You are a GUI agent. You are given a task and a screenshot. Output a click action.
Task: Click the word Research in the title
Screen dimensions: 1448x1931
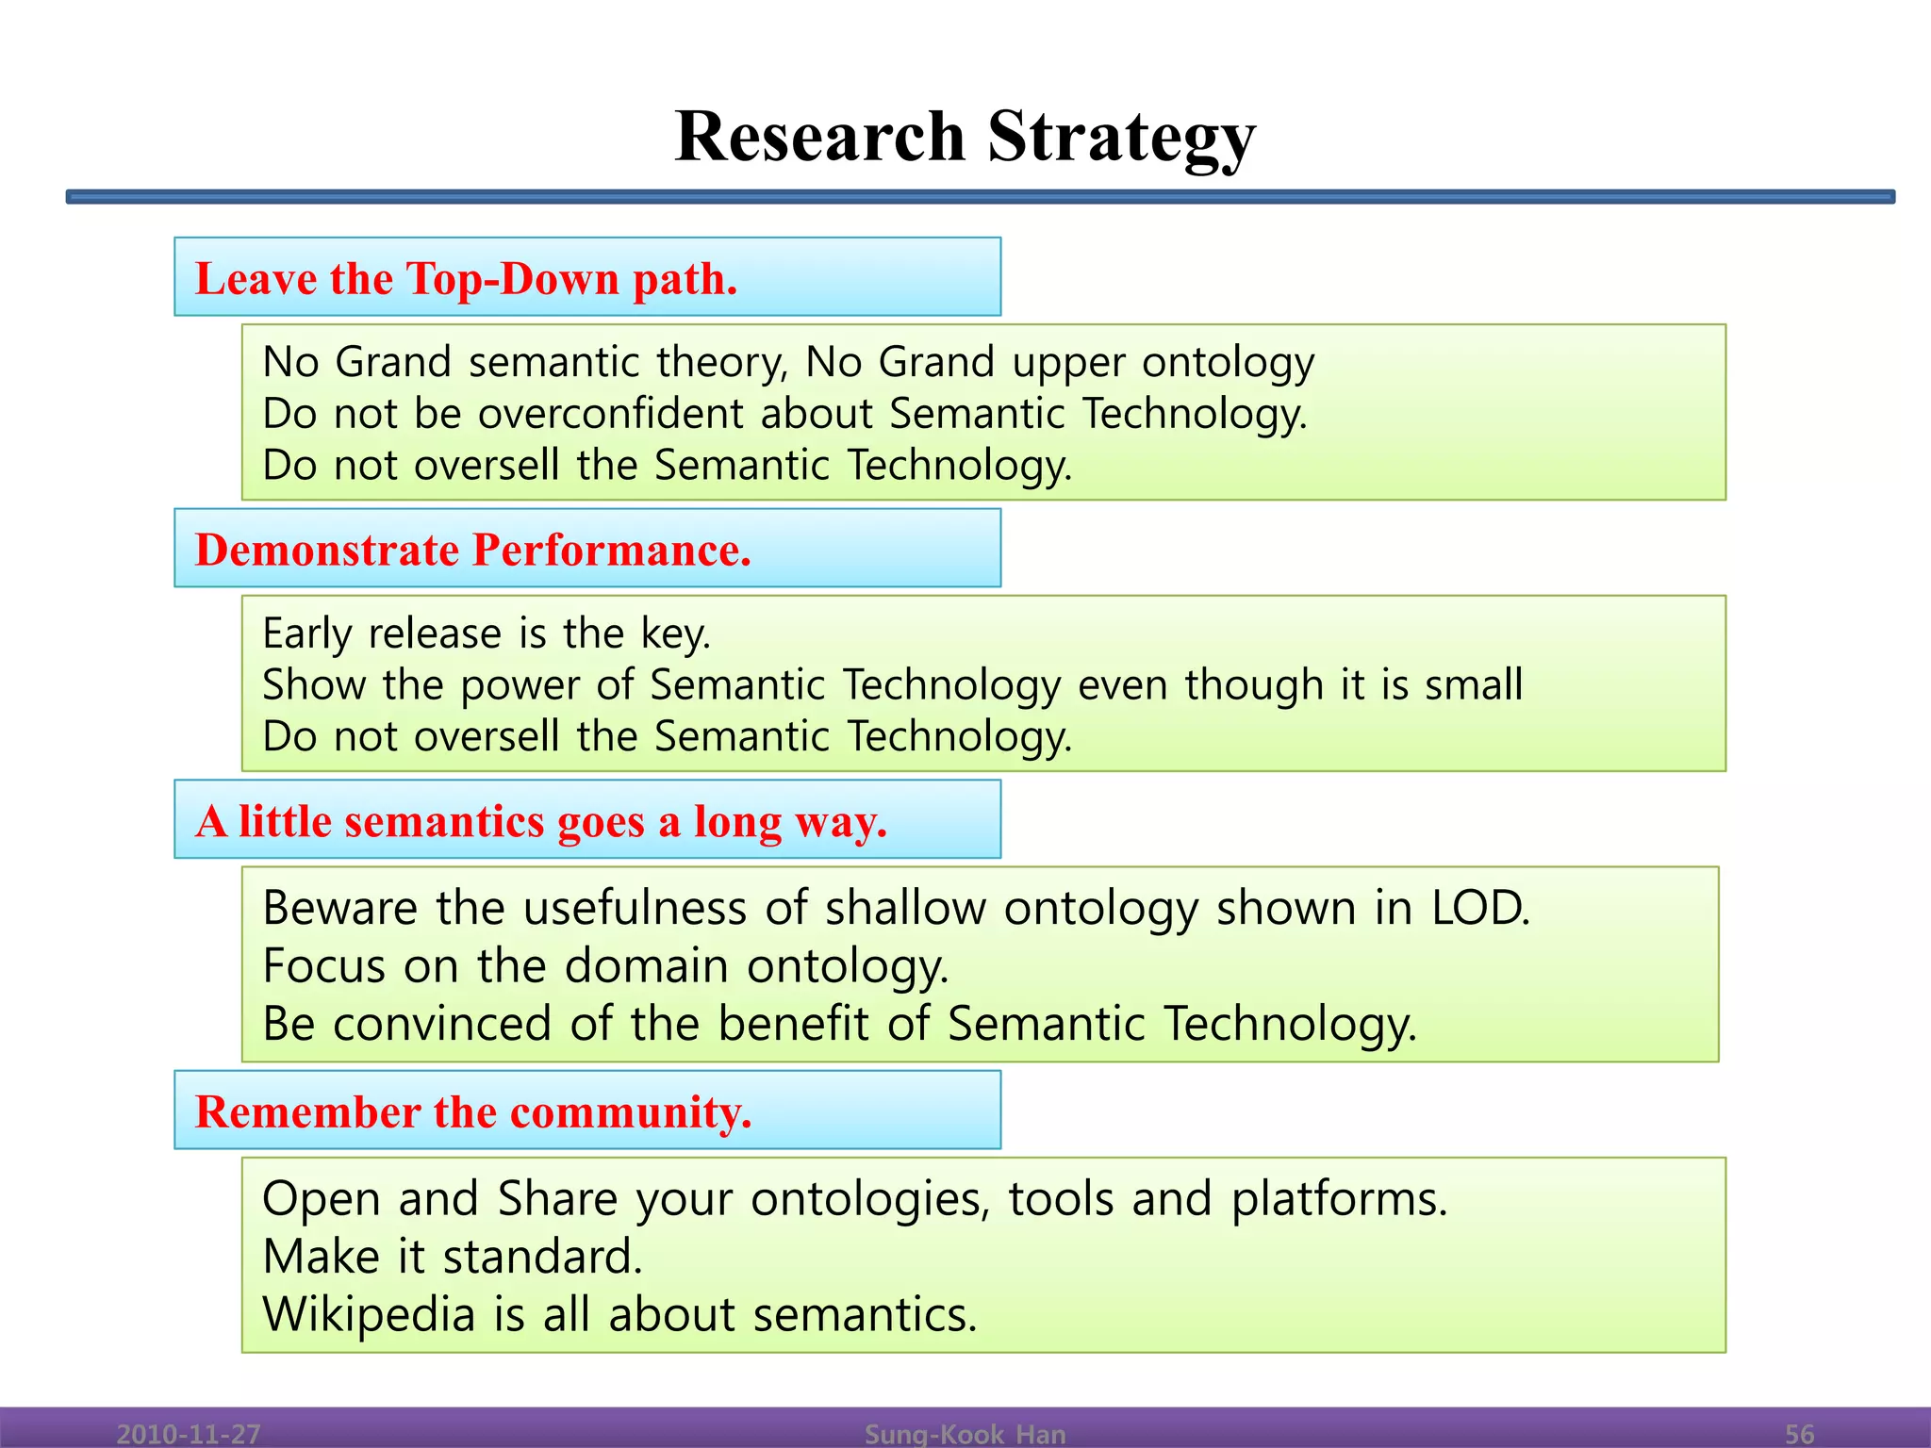(819, 137)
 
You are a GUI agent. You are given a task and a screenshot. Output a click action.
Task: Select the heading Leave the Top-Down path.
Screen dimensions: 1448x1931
(466, 279)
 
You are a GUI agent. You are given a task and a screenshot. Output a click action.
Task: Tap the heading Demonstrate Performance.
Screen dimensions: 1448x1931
(472, 550)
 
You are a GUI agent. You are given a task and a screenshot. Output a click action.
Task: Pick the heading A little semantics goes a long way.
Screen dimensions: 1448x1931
(541, 821)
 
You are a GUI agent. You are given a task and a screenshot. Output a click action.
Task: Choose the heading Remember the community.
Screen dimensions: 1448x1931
(472, 1111)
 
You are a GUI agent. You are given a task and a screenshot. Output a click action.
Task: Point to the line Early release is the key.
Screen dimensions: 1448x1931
(486, 633)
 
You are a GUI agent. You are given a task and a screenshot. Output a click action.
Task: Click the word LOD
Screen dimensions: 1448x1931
(1479, 908)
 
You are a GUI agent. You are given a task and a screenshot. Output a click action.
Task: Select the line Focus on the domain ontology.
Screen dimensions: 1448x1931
(605, 966)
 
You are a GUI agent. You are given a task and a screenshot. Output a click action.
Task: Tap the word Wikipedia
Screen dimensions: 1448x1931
(369, 1314)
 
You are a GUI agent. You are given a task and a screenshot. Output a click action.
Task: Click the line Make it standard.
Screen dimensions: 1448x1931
(453, 1257)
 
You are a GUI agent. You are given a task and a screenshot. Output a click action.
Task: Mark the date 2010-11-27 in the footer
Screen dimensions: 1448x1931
(188, 1434)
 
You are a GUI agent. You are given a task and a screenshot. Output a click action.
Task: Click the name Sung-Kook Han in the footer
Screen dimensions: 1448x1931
(965, 1434)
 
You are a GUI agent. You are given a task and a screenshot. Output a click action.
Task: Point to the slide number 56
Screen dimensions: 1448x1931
(1799, 1434)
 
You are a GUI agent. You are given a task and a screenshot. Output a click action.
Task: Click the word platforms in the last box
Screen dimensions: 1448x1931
(1338, 1199)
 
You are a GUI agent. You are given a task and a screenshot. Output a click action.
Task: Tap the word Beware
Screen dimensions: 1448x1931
(339, 908)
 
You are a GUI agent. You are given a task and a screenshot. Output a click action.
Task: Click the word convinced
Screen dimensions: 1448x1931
(441, 1024)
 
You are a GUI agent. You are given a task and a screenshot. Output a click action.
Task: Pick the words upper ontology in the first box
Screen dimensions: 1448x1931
(1163, 363)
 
